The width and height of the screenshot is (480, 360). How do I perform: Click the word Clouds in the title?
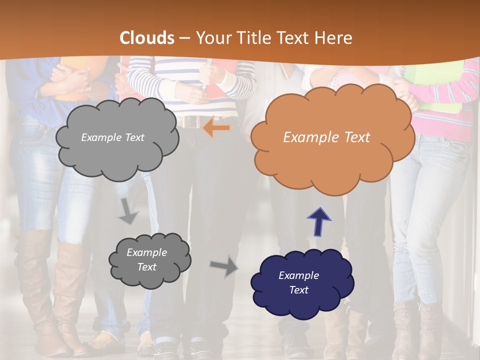point(147,38)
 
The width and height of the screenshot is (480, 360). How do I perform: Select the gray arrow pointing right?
point(224,266)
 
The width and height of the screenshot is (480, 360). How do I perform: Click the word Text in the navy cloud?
point(299,290)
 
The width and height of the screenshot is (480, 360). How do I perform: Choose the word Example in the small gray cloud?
point(146,252)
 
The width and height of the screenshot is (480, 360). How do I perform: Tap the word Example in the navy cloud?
point(299,275)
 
